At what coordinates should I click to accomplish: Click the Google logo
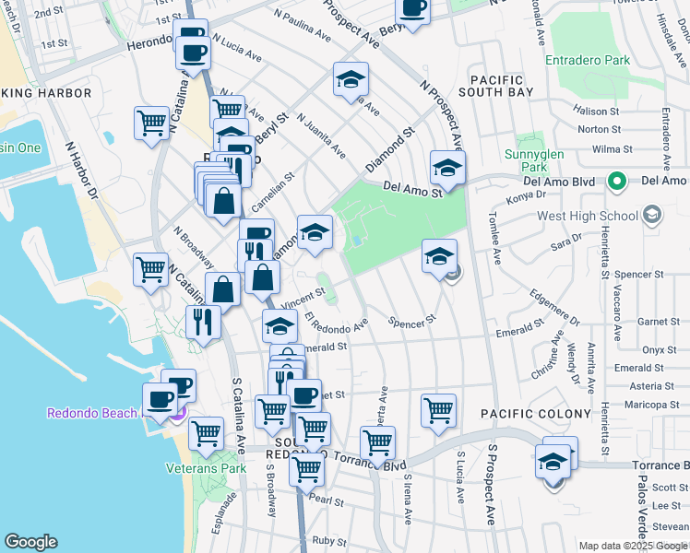tap(30, 542)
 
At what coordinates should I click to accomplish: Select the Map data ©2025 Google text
tap(632, 546)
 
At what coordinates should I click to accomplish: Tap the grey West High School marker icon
tap(653, 216)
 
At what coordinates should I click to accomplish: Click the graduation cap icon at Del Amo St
tap(447, 168)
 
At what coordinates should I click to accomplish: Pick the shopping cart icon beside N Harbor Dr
tap(151, 124)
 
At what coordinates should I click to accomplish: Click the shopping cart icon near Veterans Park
tap(206, 432)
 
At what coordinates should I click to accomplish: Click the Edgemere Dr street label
tap(554, 308)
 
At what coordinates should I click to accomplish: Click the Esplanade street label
tap(220, 512)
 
